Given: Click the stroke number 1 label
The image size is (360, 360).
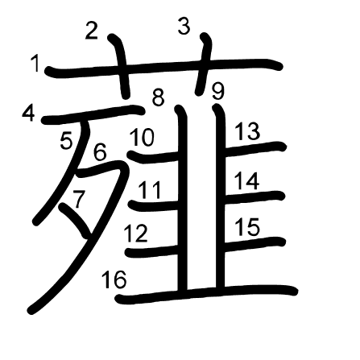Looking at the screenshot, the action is point(35,64).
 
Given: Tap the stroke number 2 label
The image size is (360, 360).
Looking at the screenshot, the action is point(91,31).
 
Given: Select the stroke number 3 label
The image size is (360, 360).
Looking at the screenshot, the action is point(184,27).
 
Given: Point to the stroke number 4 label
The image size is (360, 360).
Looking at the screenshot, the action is point(29,113).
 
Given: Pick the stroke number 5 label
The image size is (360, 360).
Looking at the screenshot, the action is point(66,141).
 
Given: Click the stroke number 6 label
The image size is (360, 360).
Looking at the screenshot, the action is point(100,152).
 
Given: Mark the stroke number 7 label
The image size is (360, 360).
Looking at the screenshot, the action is point(80,200).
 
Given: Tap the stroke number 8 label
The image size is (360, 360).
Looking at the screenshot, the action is point(158,97).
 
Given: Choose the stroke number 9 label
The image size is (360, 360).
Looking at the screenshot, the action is point(217,92).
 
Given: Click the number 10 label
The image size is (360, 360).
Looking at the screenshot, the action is point(142,137).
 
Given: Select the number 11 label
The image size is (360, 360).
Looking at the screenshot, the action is point(150,190).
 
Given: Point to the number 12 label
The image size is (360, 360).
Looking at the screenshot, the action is point(136,234).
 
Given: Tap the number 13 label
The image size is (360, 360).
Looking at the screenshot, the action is point(247,131).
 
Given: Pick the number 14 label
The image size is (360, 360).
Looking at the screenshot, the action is point(246,181).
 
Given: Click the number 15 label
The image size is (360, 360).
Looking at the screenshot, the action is point(247,227).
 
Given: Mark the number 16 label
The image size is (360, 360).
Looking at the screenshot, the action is point(114,279).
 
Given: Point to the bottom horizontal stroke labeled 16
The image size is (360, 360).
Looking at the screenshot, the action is point(207,294).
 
